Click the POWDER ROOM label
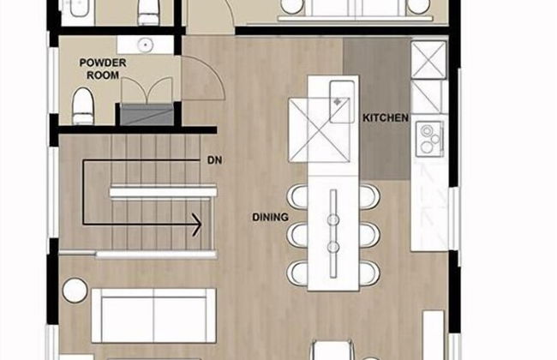(x=103, y=69)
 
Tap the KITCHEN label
(x=386, y=117)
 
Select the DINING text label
(x=270, y=217)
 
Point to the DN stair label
(x=214, y=160)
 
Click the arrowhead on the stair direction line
(x=197, y=225)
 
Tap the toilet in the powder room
(x=83, y=106)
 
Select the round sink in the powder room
(x=145, y=45)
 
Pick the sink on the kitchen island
(x=342, y=102)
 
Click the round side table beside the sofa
(x=75, y=290)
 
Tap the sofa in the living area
(x=153, y=315)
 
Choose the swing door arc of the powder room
(x=213, y=71)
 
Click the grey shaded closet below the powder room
(x=147, y=114)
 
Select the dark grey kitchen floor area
(x=376, y=108)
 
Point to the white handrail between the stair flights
(x=163, y=192)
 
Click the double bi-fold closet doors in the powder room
(x=147, y=91)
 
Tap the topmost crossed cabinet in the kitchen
(x=428, y=60)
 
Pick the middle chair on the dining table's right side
(x=369, y=235)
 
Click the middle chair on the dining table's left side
(x=297, y=235)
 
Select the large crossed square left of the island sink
(x=319, y=130)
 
